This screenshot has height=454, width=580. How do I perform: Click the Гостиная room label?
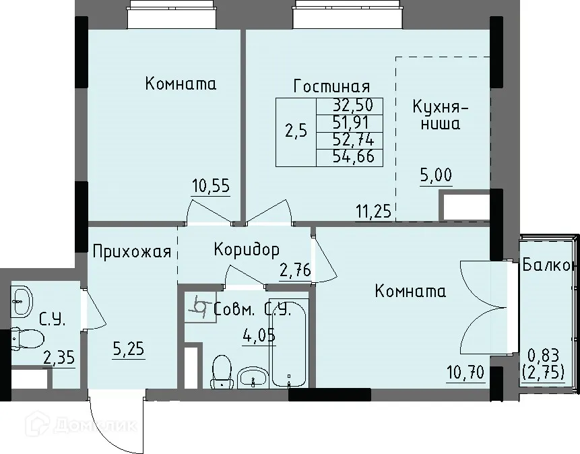click(x=331, y=86)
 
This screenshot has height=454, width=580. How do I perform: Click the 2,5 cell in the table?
click(x=296, y=131)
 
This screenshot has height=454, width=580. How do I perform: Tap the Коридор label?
click(x=246, y=250)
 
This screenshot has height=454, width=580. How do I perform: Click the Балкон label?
click(x=549, y=265)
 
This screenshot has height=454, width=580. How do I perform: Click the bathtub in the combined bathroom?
click(x=288, y=340)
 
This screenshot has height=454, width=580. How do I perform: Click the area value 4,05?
click(x=259, y=335)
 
